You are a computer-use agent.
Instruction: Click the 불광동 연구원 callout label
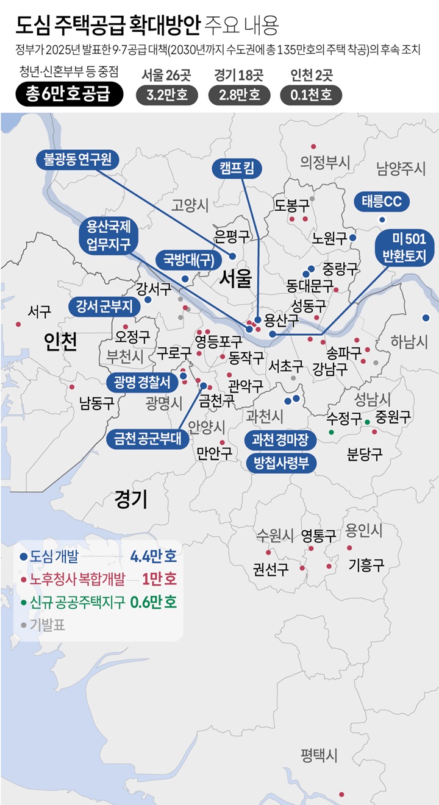(x=77, y=160)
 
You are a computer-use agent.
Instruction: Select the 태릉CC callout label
(x=382, y=202)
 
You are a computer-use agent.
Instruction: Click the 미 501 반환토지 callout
(x=404, y=247)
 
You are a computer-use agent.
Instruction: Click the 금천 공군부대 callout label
(x=148, y=439)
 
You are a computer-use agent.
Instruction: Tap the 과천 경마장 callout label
(x=281, y=439)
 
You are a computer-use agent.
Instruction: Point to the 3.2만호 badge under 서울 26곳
(x=166, y=95)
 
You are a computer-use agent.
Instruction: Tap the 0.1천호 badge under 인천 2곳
(x=311, y=95)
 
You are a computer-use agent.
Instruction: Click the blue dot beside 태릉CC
(x=382, y=219)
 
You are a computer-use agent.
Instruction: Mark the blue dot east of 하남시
(x=426, y=317)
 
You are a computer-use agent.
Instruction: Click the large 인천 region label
(x=61, y=342)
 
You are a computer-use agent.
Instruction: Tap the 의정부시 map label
(x=326, y=162)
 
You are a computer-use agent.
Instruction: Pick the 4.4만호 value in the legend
(x=154, y=556)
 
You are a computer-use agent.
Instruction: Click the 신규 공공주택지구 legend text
(x=77, y=602)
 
